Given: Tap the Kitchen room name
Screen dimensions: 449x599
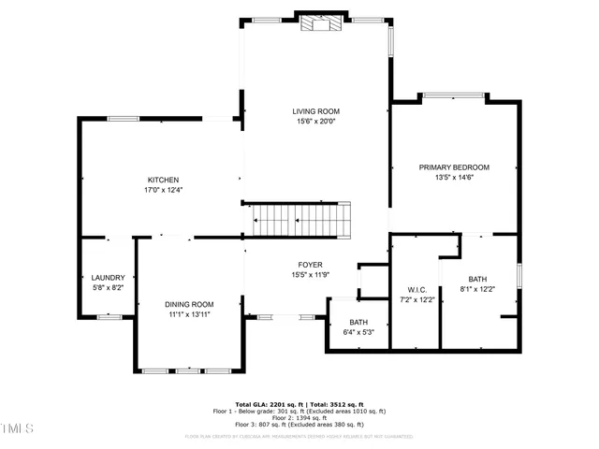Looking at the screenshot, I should [163, 180].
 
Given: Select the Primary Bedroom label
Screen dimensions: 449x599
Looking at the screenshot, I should [454, 167].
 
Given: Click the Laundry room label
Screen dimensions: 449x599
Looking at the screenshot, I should [108, 278].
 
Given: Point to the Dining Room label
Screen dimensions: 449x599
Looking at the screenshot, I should [189, 304].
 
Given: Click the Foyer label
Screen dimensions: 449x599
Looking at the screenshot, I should [310, 265].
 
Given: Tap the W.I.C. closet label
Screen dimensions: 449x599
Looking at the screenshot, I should [417, 289].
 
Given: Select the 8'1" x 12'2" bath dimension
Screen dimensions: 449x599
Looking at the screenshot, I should [478, 289].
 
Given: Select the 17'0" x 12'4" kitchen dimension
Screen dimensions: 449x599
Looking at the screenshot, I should [163, 190].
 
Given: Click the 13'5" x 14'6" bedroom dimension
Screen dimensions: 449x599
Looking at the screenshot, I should [454, 178].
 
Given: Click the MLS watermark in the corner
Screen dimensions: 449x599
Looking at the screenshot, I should [17, 428].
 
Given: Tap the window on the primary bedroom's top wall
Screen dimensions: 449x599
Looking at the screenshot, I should [454, 94].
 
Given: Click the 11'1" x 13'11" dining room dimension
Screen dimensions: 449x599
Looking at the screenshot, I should [189, 314].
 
